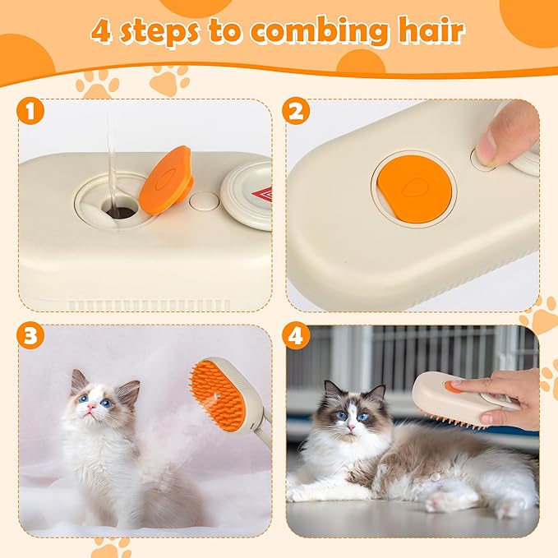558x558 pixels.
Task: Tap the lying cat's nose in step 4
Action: pyautogui.click(x=349, y=428)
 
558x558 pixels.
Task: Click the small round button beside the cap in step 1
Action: pyautogui.click(x=201, y=200)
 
